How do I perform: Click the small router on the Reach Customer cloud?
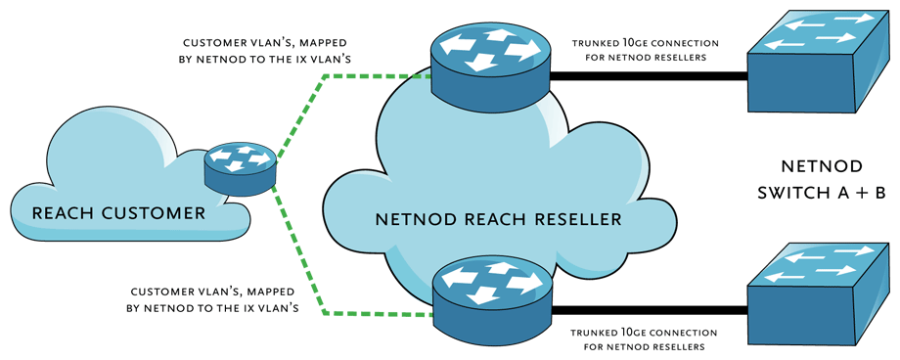(241, 168)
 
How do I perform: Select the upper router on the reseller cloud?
(490, 64)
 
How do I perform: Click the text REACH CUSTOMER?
(118, 213)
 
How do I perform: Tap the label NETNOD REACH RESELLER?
(498, 219)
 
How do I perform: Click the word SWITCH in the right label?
(792, 194)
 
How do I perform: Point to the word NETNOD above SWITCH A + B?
(821, 165)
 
